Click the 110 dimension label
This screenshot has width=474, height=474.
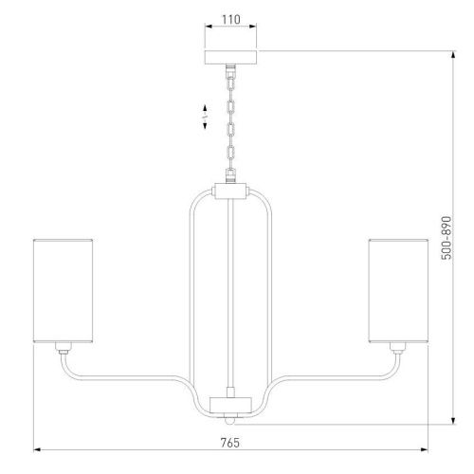pyautogui.click(x=231, y=20)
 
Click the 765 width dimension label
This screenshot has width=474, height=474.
pyautogui.click(x=230, y=443)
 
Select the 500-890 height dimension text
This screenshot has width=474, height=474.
pyautogui.click(x=447, y=238)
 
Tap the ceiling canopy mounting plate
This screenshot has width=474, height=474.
pyautogui.click(x=230, y=57)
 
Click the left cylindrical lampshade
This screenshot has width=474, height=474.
pyautogui.click(x=63, y=291)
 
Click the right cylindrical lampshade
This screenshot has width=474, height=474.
pyautogui.click(x=398, y=291)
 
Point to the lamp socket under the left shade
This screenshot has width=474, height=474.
pyautogui.click(x=64, y=348)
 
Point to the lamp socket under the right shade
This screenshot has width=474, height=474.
pyautogui.click(x=398, y=348)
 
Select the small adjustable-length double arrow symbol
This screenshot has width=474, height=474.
pyautogui.click(x=205, y=117)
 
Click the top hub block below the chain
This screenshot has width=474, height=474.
pyautogui.click(x=230, y=191)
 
